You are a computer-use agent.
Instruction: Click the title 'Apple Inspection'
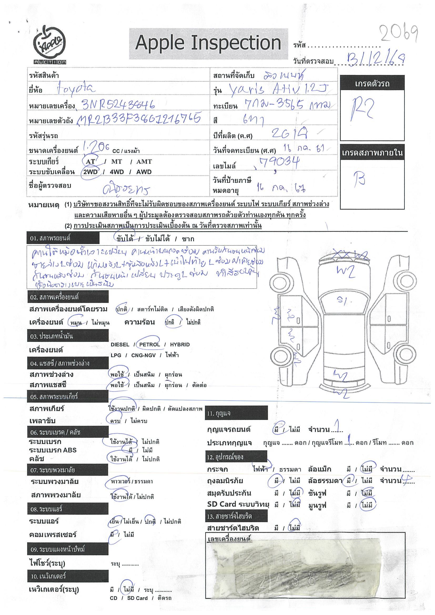coord(208,43)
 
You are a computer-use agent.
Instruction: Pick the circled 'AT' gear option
coord(90,162)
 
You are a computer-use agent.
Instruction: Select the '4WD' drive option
coord(117,172)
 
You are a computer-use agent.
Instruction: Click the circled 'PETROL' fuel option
coord(149,345)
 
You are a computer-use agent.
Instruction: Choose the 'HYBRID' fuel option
coord(180,345)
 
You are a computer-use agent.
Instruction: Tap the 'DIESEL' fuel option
coord(120,345)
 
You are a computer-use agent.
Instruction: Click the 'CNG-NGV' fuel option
coord(144,355)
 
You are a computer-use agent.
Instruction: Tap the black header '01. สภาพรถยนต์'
coord(63,238)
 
